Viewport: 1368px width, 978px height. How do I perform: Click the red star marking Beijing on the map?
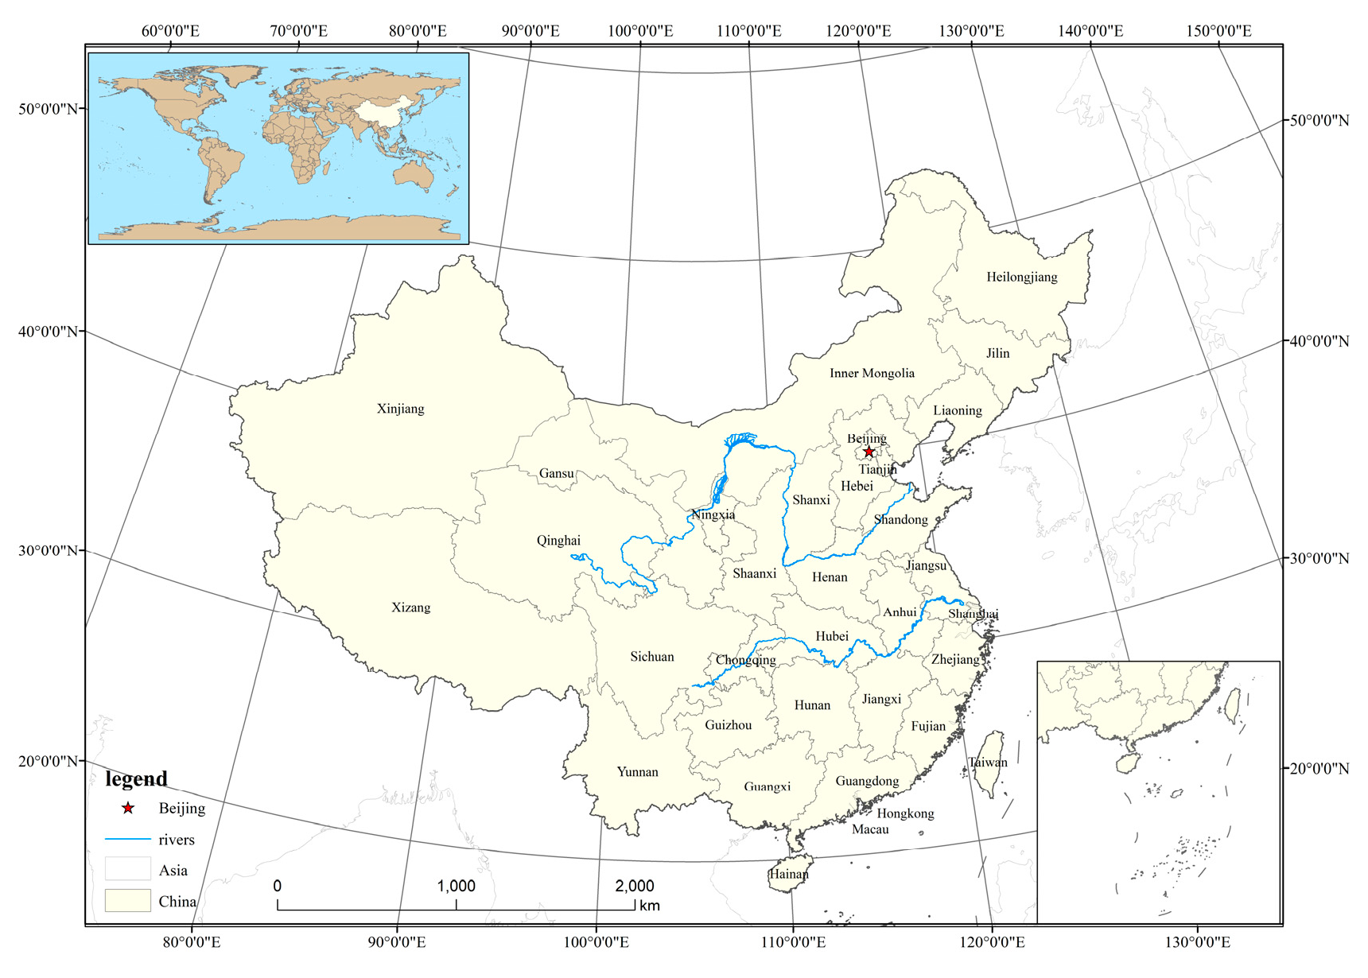click(x=869, y=452)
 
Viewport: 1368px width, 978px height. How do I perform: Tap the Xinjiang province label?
click(x=400, y=409)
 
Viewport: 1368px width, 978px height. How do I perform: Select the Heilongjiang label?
click(x=1021, y=277)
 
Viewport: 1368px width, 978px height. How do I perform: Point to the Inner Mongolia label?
click(x=872, y=373)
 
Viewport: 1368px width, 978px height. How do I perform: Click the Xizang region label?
click(x=410, y=607)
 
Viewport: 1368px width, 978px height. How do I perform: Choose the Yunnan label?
click(x=637, y=771)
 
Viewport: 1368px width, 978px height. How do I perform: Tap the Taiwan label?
click(x=988, y=762)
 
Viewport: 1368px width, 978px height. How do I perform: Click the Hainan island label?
click(x=788, y=874)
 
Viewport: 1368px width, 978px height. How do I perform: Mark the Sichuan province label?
click(x=651, y=657)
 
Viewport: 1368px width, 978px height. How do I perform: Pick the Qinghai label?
click(x=558, y=541)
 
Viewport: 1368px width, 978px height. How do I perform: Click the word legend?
click(x=136, y=778)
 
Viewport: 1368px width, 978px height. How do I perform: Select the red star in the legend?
click(x=128, y=809)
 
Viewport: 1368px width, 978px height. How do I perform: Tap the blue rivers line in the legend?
click(x=127, y=839)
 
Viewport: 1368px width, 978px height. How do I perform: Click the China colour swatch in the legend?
click(x=127, y=900)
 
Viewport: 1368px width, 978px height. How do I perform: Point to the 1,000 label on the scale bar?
click(x=456, y=886)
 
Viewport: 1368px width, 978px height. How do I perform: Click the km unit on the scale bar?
click(x=649, y=906)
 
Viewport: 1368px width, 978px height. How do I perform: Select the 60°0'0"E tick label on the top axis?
click(x=170, y=31)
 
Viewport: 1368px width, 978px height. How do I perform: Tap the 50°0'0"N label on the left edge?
click(x=48, y=108)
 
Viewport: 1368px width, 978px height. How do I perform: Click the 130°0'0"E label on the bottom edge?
click(x=1197, y=942)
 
